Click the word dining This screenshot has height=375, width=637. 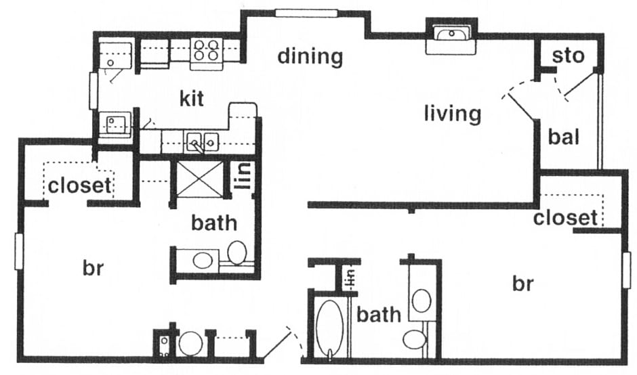(x=310, y=56)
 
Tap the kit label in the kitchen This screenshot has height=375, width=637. (x=191, y=100)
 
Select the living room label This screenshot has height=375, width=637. (x=452, y=113)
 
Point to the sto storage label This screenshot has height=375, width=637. (x=568, y=56)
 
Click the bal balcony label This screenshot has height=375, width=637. (x=564, y=137)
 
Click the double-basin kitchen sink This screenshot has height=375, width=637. (x=202, y=142)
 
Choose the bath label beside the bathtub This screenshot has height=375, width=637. (x=379, y=314)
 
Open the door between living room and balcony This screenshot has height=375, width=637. (x=518, y=102)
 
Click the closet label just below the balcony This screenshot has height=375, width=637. (x=565, y=218)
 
